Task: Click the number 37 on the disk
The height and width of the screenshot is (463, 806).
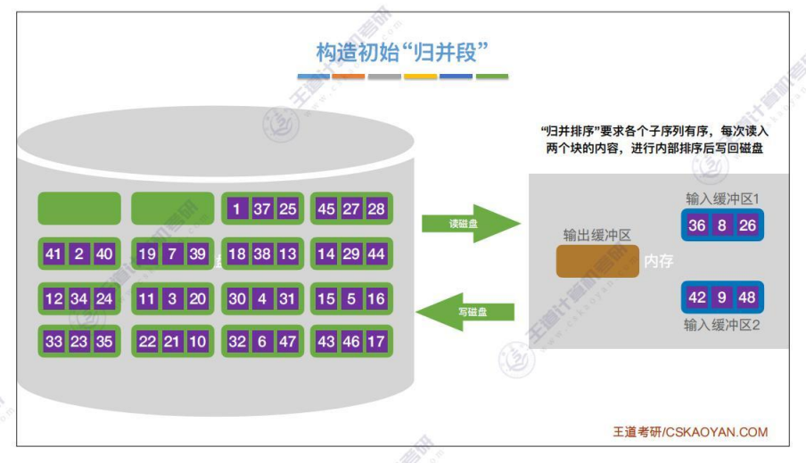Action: point(262,209)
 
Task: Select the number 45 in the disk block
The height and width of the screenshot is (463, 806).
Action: point(326,209)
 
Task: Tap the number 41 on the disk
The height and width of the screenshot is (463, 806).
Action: point(53,255)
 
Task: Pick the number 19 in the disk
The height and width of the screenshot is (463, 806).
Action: point(147,255)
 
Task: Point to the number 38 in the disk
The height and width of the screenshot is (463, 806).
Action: point(262,255)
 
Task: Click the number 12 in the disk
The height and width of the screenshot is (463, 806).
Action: point(53,299)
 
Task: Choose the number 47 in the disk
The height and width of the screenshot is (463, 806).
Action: point(287,342)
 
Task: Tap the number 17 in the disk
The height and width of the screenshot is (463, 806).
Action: point(376,342)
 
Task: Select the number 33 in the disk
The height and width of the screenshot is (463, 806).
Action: point(53,342)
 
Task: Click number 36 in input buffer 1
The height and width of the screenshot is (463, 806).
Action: point(697,225)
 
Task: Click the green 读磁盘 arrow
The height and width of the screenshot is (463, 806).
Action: point(468,223)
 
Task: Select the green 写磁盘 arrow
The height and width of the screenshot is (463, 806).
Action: point(468,312)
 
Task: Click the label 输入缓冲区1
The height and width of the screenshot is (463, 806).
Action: point(722,198)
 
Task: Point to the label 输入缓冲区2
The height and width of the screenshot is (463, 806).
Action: point(722,325)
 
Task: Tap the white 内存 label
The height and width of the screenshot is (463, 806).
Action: point(658,262)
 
